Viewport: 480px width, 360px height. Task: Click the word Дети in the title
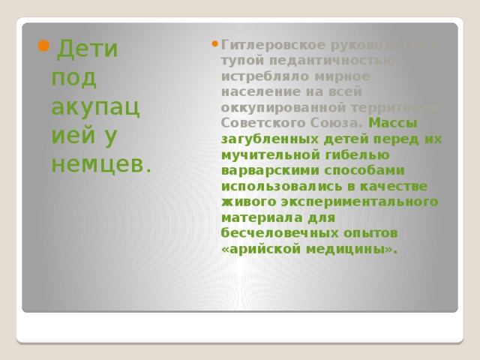tap(87, 49)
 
